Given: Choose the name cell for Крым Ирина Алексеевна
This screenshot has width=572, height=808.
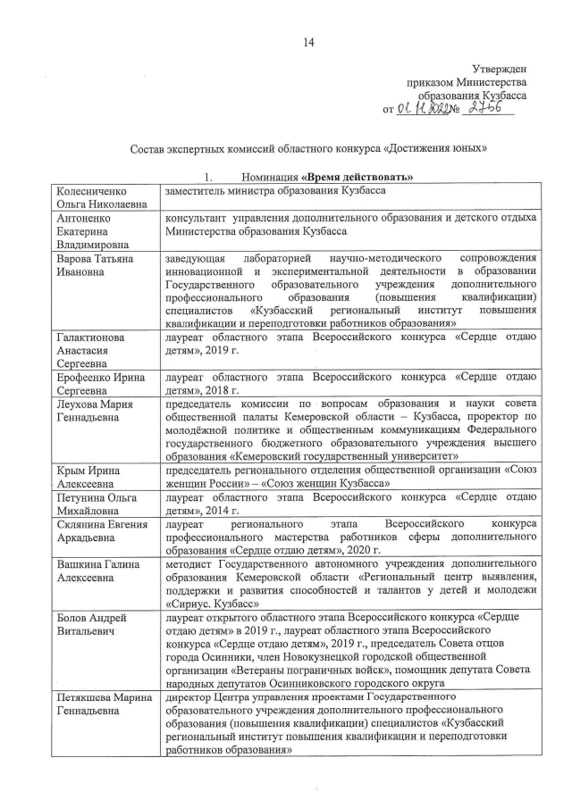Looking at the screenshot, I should (89, 475).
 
